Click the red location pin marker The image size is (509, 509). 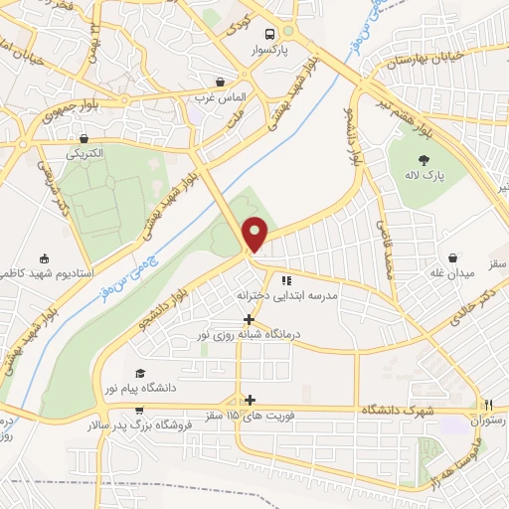click(255, 234)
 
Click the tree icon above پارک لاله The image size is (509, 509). click(425, 159)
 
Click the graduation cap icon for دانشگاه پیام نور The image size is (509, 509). click(139, 372)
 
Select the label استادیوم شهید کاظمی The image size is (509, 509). click(42, 272)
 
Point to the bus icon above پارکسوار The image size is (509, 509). click(286, 31)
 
